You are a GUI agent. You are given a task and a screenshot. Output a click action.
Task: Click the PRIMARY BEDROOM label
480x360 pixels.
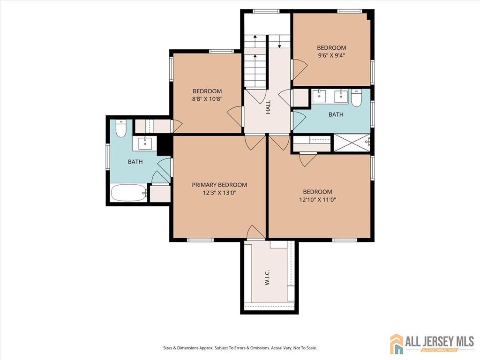tap(219, 185)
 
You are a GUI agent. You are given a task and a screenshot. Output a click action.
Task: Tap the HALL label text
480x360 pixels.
tap(268, 107)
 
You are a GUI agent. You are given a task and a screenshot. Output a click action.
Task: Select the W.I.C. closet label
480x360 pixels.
tap(267, 277)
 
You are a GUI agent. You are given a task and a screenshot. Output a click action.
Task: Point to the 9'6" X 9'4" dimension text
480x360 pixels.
tap(331, 56)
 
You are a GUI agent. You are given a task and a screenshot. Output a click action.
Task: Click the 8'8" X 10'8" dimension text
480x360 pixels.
tap(207, 99)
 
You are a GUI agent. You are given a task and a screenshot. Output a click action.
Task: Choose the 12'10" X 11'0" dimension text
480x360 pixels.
tap(317, 200)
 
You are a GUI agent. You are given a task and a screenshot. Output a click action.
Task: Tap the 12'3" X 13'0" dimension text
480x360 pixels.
tap(219, 193)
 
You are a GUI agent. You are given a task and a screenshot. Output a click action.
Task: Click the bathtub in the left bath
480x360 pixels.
tap(129, 193)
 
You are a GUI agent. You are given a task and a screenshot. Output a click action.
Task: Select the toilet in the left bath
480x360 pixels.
tap(121, 128)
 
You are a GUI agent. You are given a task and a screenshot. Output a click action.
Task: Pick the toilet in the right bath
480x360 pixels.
tap(356, 97)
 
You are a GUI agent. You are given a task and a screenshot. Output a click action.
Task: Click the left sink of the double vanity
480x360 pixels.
tap(319, 96)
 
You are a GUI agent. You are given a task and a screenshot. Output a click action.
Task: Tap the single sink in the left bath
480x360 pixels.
tap(145, 143)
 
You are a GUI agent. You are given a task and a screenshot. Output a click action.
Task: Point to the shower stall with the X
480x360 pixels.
tap(352, 142)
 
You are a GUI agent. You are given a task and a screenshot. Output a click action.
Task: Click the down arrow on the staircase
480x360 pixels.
tap(279, 41)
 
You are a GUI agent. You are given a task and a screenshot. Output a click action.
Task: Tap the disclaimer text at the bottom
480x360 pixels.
tap(240, 348)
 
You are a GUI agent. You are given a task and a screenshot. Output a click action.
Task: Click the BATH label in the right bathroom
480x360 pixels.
tap(336, 114)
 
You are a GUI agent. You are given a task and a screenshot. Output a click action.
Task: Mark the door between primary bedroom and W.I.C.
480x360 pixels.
tap(256, 232)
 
